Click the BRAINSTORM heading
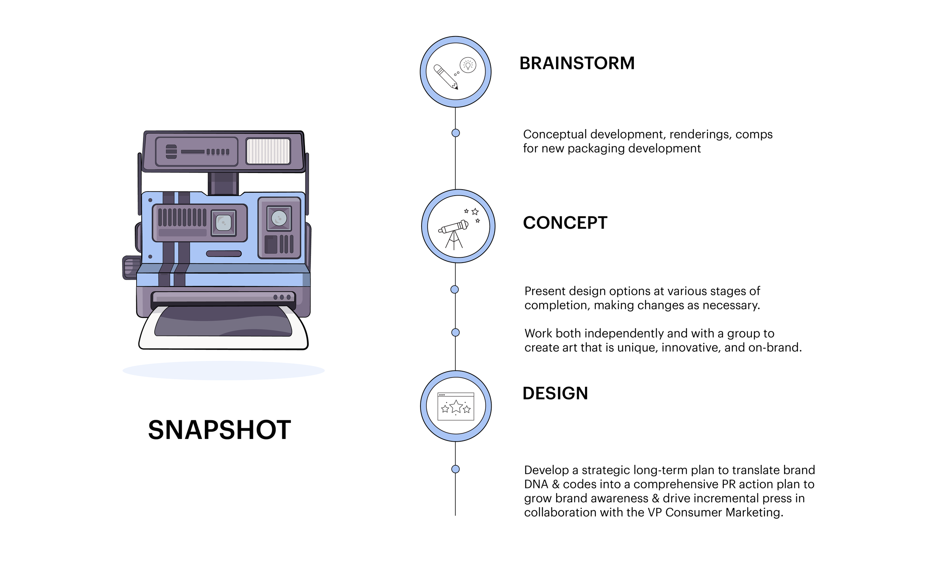577,63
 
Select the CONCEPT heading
565,223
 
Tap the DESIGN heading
555,393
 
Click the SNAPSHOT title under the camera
219,430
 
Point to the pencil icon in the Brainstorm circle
445,77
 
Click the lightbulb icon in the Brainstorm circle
468,65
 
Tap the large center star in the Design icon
456,406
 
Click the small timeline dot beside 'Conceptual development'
455,133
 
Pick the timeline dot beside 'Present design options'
455,289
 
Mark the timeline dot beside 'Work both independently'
455,333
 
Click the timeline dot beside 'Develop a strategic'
455,469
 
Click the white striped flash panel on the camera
268,151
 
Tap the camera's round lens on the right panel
279,218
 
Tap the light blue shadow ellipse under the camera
223,370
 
